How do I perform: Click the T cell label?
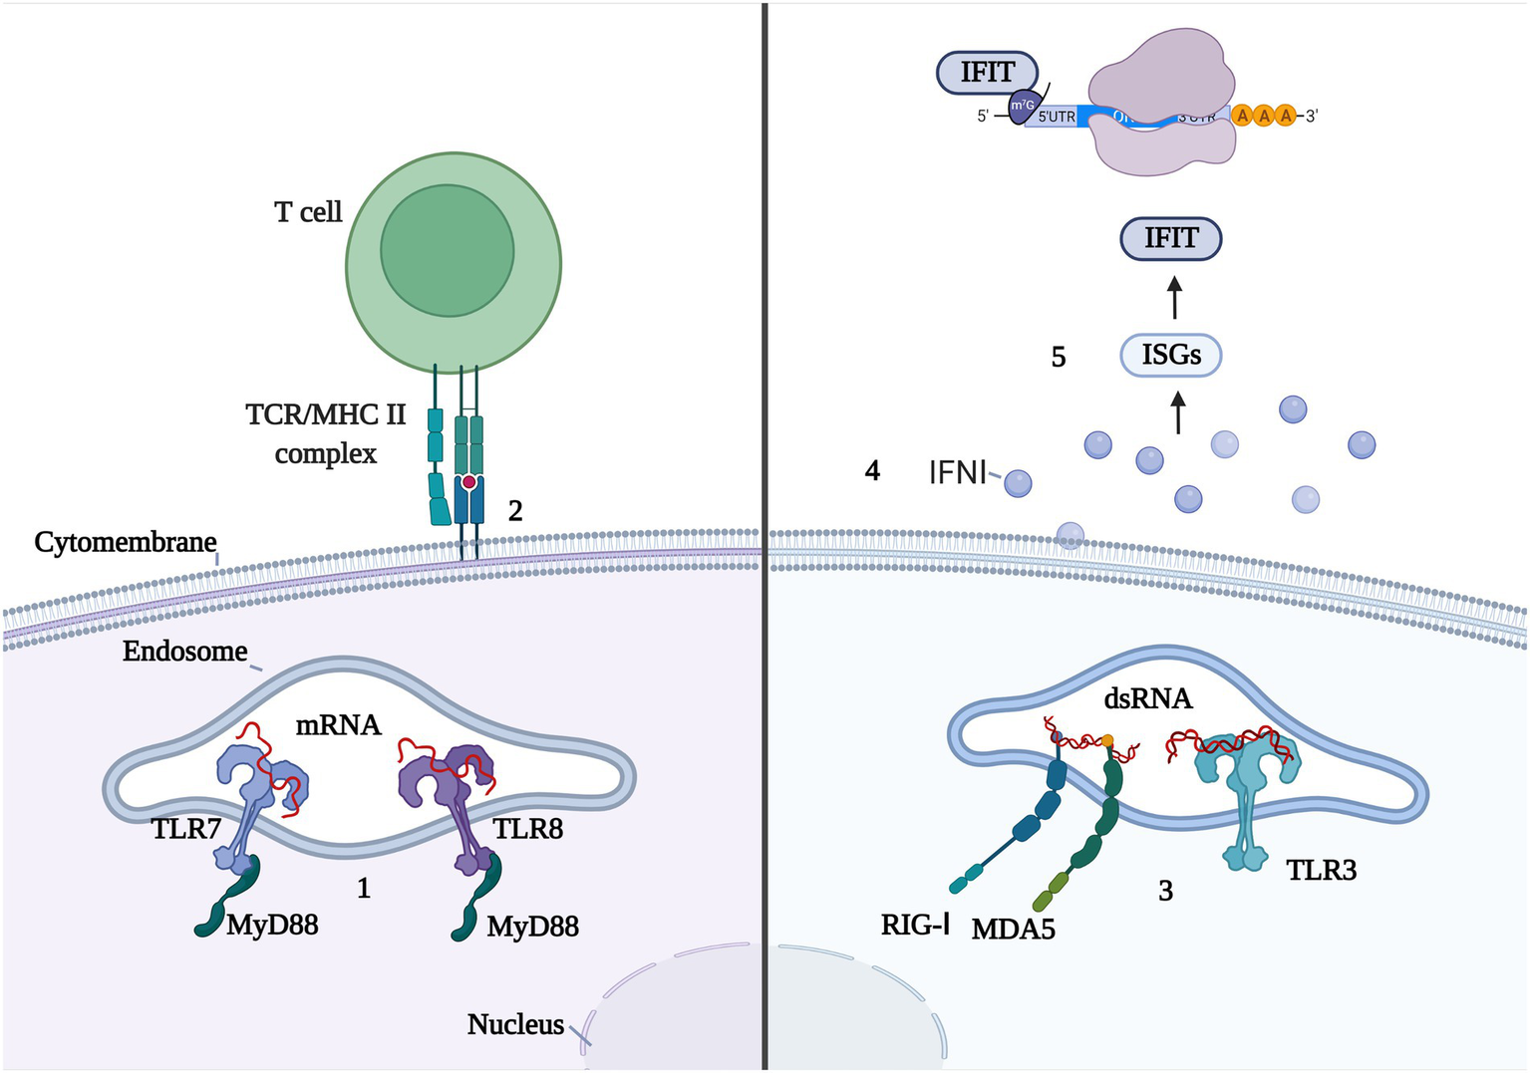308,212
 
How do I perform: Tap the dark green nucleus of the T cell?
447,250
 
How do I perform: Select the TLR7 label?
186,828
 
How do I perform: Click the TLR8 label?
527,828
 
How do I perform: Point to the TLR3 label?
1321,870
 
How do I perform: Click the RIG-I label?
915,926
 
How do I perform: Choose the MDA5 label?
1013,930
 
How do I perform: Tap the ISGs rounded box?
1171,355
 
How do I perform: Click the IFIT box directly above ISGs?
1171,239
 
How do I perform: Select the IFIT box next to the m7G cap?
987,73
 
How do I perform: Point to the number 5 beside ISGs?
1059,357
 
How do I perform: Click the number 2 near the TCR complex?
515,511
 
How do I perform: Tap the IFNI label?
957,471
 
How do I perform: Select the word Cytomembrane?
126,542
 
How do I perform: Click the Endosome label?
185,652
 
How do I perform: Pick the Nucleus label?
515,1024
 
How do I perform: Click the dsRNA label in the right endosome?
1148,698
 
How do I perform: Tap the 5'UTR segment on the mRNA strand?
1057,117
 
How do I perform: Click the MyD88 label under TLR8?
532,927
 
